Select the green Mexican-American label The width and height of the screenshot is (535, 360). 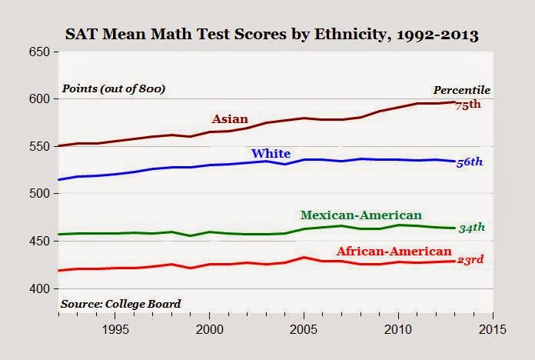pyautogui.click(x=361, y=215)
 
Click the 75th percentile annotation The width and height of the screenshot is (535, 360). pyautogui.click(x=468, y=105)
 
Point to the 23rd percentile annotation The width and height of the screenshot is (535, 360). pyautogui.click(x=470, y=260)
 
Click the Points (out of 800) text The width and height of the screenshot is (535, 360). pyautogui.click(x=114, y=88)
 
